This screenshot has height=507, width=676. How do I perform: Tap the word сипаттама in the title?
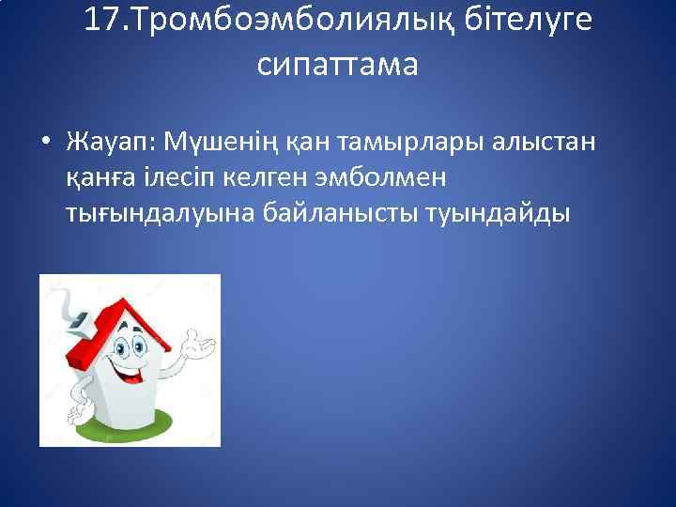click(x=337, y=66)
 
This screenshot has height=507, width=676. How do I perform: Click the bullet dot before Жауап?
click(x=45, y=143)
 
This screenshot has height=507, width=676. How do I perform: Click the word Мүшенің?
click(x=207, y=143)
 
